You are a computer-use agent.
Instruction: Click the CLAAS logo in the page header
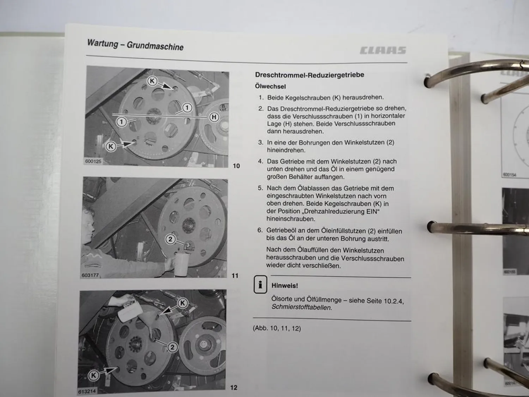[383, 50]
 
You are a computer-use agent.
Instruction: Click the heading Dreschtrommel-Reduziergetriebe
[309, 75]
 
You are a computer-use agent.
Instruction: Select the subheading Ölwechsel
[270, 86]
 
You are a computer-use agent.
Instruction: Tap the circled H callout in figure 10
[214, 117]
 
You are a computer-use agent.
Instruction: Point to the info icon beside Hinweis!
[260, 284]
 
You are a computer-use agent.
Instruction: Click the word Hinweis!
[285, 285]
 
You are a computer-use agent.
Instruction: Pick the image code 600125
[93, 161]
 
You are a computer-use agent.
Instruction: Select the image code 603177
[90, 275]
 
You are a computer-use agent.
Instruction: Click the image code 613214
[87, 392]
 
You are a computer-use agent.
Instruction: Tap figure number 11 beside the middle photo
[235, 276]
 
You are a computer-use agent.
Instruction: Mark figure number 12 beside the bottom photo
[234, 387]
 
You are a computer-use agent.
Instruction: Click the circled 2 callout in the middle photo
[170, 239]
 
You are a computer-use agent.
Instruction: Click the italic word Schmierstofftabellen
[302, 308]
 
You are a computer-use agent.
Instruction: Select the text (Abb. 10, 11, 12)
[277, 329]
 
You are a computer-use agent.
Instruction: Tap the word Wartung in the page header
[103, 43]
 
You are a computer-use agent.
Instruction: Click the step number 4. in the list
[261, 161]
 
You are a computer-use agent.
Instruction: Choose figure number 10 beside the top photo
[236, 166]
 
